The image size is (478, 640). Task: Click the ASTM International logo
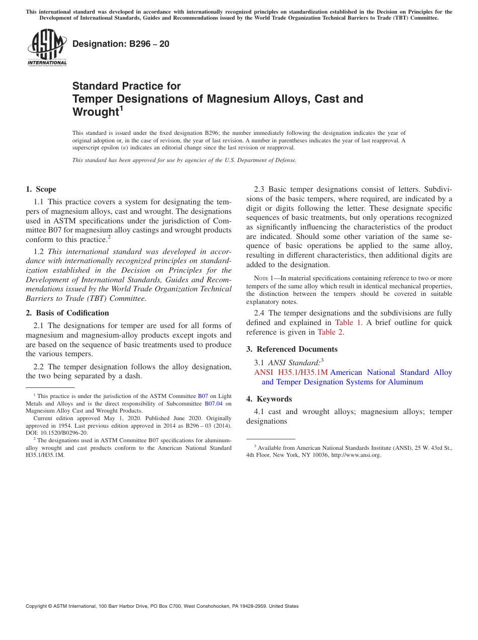[x=47, y=47]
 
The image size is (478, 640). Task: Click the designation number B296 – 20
[x=121, y=44]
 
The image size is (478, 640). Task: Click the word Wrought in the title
[x=95, y=112]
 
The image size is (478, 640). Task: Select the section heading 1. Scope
[x=41, y=189]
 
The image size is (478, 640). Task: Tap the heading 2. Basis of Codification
[x=67, y=313]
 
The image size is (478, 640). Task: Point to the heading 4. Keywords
[x=269, y=399]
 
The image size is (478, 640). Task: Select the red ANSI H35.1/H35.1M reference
[x=291, y=372]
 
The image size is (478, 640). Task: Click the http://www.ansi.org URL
[x=356, y=455]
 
